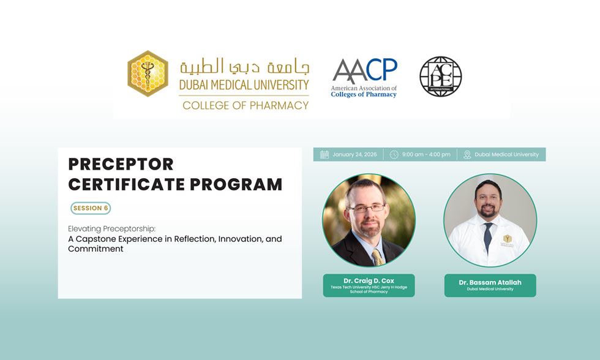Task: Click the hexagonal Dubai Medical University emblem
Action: [x=148, y=74]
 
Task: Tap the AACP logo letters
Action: [x=364, y=70]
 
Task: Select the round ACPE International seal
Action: [x=440, y=76]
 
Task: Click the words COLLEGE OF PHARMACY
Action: [x=246, y=105]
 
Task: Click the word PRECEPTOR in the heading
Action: [x=121, y=164]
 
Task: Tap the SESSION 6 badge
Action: [x=91, y=208]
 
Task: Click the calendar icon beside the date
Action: [x=324, y=155]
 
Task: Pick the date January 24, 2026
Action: [x=355, y=155]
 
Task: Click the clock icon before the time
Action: [x=394, y=155]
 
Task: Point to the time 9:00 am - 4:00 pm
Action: [x=426, y=155]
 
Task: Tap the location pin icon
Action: [x=467, y=155]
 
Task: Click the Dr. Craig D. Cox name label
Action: [x=369, y=281]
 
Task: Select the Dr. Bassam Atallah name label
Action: [x=490, y=283]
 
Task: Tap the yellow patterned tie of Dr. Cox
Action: [x=377, y=255]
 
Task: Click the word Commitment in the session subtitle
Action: [x=96, y=249]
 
